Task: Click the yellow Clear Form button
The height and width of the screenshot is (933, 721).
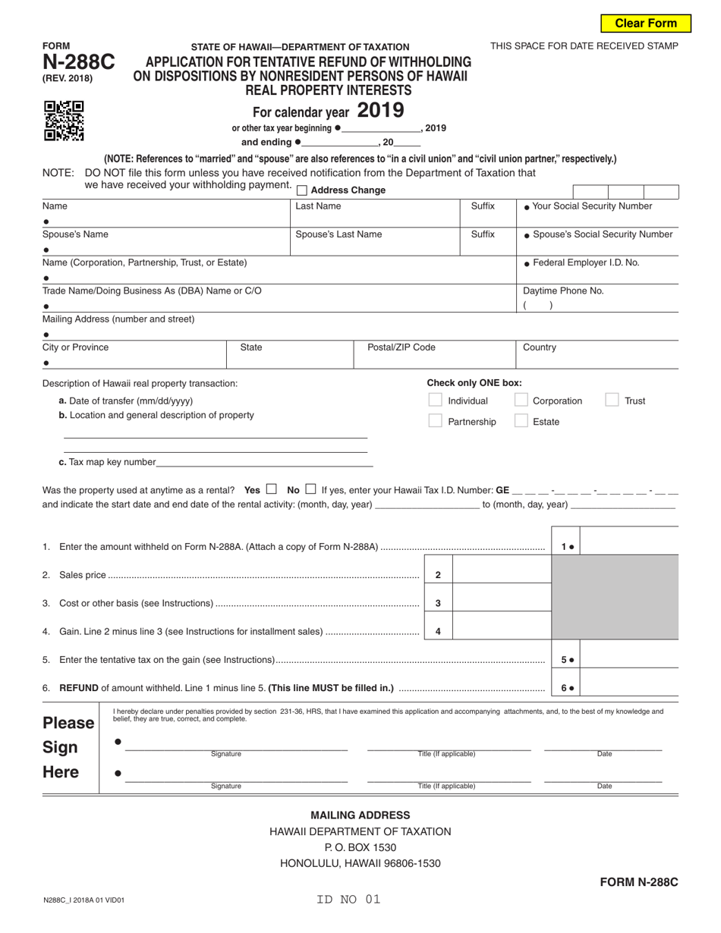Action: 646,24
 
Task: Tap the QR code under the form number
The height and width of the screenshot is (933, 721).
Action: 64,121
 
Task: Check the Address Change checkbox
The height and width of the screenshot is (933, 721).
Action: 302,190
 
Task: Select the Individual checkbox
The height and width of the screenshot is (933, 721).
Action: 435,401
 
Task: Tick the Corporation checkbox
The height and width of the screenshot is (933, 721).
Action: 521,401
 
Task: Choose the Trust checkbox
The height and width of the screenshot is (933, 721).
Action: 612,401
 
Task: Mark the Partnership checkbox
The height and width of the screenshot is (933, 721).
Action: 435,421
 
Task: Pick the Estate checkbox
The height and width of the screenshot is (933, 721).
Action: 521,421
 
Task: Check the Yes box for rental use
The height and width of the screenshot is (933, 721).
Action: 272,489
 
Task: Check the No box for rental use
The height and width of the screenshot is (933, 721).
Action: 310,489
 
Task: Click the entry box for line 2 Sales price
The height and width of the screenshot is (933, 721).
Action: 501,575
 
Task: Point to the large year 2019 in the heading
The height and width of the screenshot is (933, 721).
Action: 380,111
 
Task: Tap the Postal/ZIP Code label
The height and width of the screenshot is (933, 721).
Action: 401,347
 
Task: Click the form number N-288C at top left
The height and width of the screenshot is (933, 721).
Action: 79,63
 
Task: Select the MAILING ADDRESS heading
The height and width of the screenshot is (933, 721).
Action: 360,815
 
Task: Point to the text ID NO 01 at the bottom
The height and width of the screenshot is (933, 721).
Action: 349,900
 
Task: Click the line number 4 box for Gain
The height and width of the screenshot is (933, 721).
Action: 438,631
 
